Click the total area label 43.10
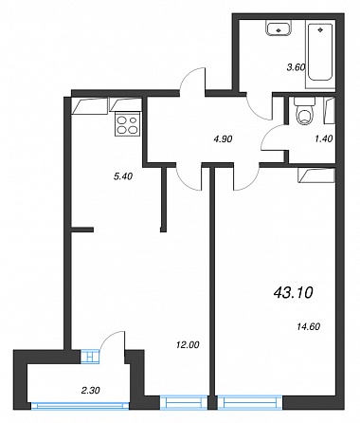293,293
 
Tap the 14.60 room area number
309,326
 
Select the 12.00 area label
188,344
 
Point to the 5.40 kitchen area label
123,176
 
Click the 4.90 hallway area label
223,138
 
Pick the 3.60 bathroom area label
296,67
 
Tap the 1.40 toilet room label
324,138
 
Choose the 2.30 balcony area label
91,391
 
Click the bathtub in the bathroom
320,52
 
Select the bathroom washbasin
279,28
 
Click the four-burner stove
128,124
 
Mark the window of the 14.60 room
250,402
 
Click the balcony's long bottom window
81,405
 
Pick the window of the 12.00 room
184,402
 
